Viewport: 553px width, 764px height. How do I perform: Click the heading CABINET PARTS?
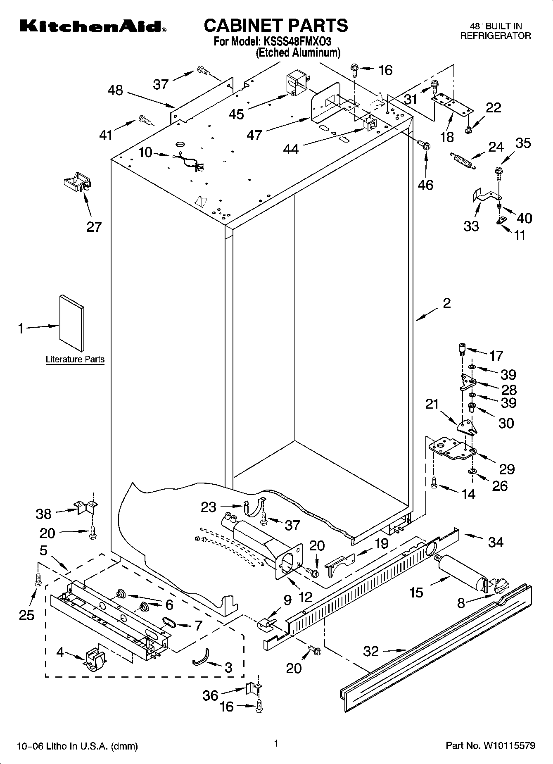(276, 26)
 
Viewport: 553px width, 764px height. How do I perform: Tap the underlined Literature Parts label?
(75, 359)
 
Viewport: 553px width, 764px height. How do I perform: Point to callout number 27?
(94, 227)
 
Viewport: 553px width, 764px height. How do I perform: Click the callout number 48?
(115, 90)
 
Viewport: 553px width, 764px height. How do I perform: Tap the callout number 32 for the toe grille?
(371, 652)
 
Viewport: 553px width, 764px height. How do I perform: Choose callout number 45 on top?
(236, 114)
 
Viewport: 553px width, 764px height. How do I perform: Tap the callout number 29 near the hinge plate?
(507, 469)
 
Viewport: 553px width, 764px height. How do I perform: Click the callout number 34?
(496, 542)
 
